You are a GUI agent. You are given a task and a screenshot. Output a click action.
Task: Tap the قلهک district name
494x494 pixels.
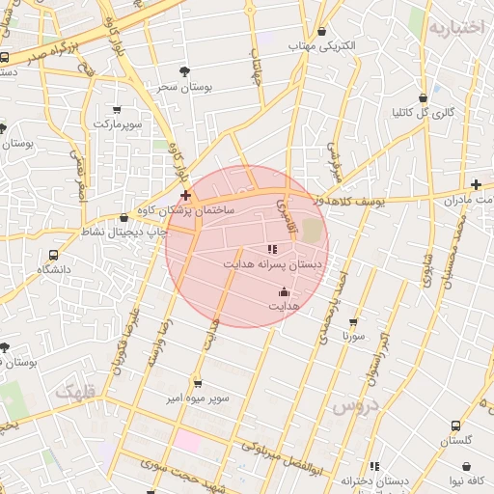[x=77, y=392]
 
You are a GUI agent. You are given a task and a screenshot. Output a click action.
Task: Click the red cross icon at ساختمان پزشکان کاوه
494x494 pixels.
[x=185, y=196]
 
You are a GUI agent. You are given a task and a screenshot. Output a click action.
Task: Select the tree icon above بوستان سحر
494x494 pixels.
[x=185, y=70]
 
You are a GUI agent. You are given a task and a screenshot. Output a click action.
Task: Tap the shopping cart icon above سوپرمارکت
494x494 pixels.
[x=118, y=110]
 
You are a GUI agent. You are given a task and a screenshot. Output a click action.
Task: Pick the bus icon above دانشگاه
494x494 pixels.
[x=53, y=256]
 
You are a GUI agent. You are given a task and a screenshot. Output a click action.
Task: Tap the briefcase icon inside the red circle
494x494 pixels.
[x=284, y=290]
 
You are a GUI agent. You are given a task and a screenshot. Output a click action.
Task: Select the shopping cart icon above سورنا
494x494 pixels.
[x=352, y=322]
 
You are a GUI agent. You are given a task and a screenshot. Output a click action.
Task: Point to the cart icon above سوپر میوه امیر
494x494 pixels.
[x=197, y=382]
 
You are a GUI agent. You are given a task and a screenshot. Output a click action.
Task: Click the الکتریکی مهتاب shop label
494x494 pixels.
[x=322, y=45]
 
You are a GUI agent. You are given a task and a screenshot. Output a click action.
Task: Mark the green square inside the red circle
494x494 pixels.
[x=311, y=231]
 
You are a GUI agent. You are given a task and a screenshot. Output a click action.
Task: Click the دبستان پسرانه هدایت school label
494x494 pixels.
[x=258, y=262]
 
